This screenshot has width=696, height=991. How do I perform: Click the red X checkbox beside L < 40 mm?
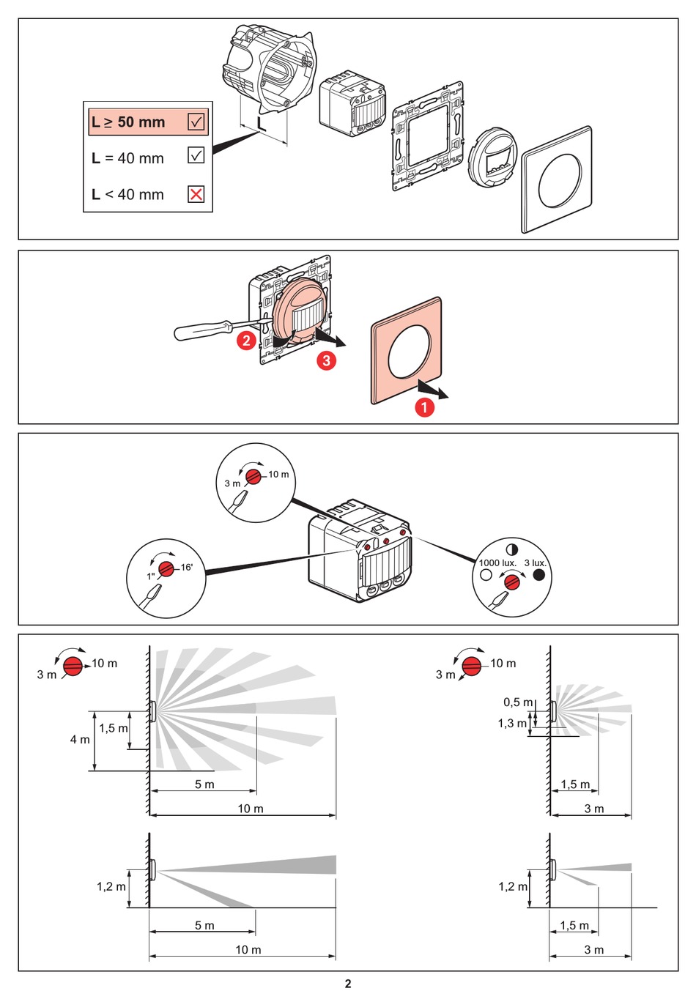[196, 194]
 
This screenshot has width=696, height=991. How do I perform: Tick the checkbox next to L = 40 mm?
[196, 155]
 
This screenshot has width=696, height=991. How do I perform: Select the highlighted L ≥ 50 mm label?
[129, 122]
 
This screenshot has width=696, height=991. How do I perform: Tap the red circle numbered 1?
[425, 407]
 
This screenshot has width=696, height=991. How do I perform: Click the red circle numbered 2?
[246, 341]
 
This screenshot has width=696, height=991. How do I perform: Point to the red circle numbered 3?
[326, 360]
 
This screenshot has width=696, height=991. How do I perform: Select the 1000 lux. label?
[497, 563]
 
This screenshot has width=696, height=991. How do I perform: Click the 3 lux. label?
[536, 563]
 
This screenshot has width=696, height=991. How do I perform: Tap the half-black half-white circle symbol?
[511, 549]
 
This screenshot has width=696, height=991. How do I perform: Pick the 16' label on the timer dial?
[187, 567]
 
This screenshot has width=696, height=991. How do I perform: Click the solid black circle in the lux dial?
[539, 575]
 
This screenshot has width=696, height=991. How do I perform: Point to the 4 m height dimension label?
[80, 740]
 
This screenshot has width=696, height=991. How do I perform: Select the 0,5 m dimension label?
[518, 702]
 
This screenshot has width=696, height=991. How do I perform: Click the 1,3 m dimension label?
[512, 724]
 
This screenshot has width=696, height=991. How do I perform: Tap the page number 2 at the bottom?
[348, 983]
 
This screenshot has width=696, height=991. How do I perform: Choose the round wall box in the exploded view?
[267, 70]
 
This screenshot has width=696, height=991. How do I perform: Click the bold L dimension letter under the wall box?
[262, 124]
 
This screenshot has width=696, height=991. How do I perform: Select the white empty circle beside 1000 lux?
[486, 575]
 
